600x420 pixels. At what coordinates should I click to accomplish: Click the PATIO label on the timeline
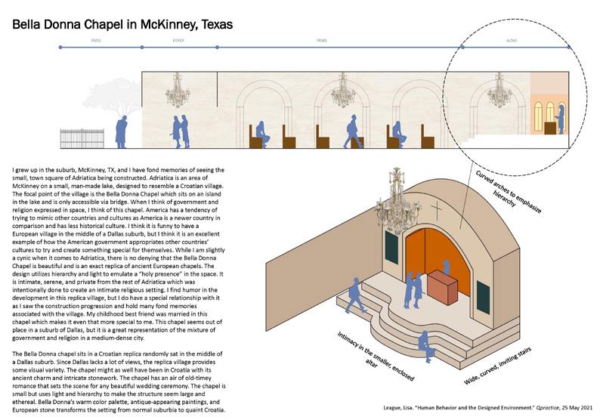pos(96,39)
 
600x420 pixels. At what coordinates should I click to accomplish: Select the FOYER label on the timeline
pos(178,39)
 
